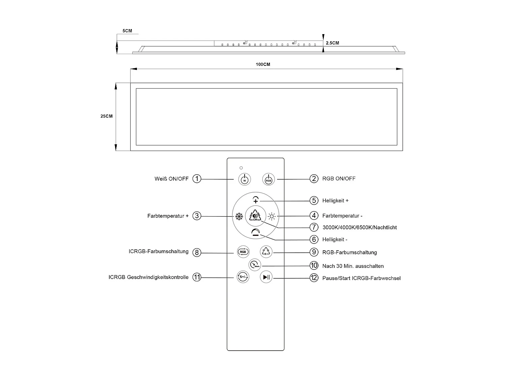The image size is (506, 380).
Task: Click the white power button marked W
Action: coord(245,179)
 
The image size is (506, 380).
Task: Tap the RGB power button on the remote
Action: coord(269,179)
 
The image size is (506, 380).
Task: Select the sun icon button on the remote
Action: coord(272,217)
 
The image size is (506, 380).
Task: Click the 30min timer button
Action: coord(255,264)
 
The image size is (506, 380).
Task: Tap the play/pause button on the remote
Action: coord(266,277)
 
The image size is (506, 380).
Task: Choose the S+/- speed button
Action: coord(243,277)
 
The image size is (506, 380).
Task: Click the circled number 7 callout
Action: coord(314,227)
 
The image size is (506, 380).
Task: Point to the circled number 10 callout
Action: coord(314,266)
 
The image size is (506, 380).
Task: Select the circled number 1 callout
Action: coord(197,179)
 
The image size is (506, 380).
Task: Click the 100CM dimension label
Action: coord(263,65)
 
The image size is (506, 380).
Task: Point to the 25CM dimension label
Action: coord(107,116)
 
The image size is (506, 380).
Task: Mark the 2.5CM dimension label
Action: coord(332,43)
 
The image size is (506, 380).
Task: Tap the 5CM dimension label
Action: coord(127,31)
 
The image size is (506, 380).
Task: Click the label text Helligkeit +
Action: coord(335,201)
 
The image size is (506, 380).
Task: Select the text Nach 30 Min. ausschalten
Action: coord(353,266)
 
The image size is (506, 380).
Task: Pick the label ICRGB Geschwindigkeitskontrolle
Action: coord(148,277)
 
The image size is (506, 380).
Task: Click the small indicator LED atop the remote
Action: coord(241,168)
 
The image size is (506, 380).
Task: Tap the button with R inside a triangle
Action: coord(266,251)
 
